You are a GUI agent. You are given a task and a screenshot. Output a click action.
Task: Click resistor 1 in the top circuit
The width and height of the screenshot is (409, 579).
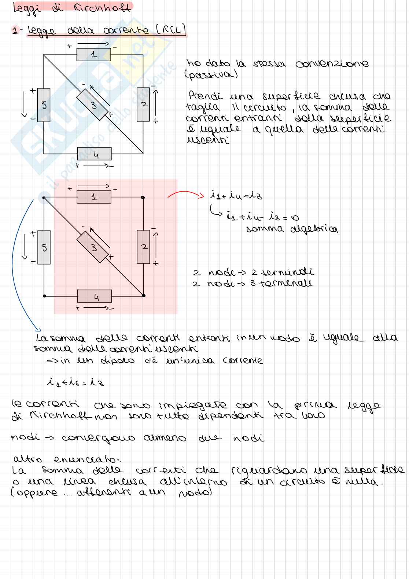(93, 55)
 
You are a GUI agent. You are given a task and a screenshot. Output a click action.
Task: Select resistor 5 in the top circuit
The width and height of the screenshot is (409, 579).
(44, 105)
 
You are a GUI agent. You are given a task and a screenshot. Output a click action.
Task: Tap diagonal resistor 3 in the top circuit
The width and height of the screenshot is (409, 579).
(92, 105)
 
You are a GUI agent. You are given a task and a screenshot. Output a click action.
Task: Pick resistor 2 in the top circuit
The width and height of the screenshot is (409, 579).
(143, 105)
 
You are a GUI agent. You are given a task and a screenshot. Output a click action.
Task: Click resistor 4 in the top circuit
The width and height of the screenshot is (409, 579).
(94, 154)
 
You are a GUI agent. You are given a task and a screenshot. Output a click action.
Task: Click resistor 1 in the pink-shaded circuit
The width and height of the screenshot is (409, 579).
(94, 197)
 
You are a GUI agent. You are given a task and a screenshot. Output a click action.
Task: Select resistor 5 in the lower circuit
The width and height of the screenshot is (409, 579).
(44, 248)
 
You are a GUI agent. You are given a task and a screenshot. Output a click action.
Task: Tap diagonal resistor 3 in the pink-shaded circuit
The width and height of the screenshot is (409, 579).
(92, 247)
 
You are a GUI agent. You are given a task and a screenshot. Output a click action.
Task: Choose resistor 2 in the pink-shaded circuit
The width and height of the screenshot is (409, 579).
(143, 247)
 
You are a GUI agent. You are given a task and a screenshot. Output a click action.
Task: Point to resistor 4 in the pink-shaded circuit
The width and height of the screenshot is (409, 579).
(95, 296)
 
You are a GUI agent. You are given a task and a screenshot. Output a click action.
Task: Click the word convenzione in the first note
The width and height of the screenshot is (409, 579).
(332, 64)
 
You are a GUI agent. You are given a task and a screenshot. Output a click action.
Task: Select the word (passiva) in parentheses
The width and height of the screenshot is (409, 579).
(211, 75)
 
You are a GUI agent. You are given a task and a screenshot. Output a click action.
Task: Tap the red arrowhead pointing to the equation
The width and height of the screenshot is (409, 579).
(201, 195)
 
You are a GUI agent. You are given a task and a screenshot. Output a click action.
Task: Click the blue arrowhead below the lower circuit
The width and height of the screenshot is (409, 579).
(38, 330)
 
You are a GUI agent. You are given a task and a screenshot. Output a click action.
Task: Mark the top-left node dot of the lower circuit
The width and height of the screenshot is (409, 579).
(44, 198)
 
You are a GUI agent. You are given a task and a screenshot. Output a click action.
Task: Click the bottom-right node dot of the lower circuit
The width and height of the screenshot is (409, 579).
(144, 296)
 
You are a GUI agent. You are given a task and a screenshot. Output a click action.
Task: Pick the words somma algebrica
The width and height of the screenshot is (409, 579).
(292, 230)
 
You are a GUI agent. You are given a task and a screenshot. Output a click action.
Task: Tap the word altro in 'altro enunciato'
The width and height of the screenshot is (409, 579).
(27, 459)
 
